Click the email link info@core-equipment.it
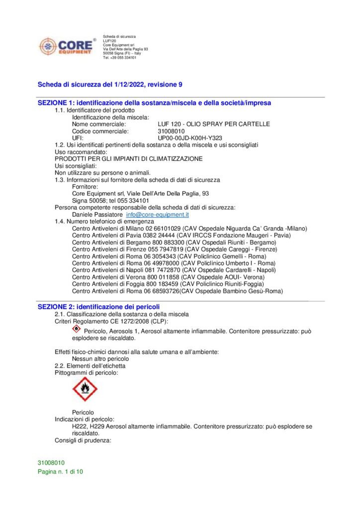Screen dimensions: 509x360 pos(158,215)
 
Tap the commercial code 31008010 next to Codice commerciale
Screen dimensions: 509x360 pos(171,131)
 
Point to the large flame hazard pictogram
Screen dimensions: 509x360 pos(85,389)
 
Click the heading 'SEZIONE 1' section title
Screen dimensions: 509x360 pos(155,103)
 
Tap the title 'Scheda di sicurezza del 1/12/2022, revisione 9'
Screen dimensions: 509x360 pos(110,85)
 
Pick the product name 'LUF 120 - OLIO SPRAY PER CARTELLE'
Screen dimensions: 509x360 pos(213,124)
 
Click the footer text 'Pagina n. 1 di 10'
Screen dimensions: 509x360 pos(61,472)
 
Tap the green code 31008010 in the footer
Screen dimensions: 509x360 pos(51,463)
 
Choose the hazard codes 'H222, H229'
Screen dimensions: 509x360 pos(88,426)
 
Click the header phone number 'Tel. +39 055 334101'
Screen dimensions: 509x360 pos(120,58)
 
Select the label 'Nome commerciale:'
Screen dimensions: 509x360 pos(99,124)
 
